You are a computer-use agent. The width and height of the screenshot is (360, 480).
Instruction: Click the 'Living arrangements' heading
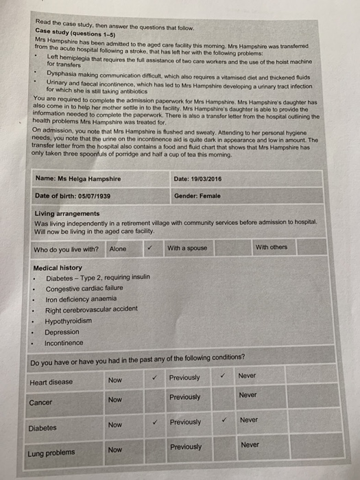(67, 214)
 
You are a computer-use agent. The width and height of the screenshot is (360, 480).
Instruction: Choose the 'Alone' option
(118, 249)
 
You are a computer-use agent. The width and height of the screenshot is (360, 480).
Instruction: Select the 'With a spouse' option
(187, 248)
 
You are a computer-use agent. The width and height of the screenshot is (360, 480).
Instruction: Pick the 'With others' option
(272, 247)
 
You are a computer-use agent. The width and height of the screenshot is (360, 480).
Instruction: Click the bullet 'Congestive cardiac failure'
(84, 289)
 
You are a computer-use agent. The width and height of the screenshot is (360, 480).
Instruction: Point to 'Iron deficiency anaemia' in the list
(80, 300)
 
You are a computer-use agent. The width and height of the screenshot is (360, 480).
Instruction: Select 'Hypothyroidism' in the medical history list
(68, 321)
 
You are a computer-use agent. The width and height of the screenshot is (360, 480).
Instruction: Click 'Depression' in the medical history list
(62, 332)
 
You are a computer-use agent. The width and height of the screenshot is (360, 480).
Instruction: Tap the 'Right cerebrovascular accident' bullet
(91, 310)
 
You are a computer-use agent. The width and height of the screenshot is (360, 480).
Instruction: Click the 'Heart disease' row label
(51, 382)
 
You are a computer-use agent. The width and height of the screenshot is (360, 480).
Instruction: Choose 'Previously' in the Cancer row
(185, 398)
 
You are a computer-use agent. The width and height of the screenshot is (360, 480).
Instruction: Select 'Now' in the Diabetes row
(115, 425)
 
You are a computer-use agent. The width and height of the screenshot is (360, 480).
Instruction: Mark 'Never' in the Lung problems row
(250, 444)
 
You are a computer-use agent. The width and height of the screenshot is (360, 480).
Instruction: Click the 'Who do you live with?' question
(66, 250)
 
